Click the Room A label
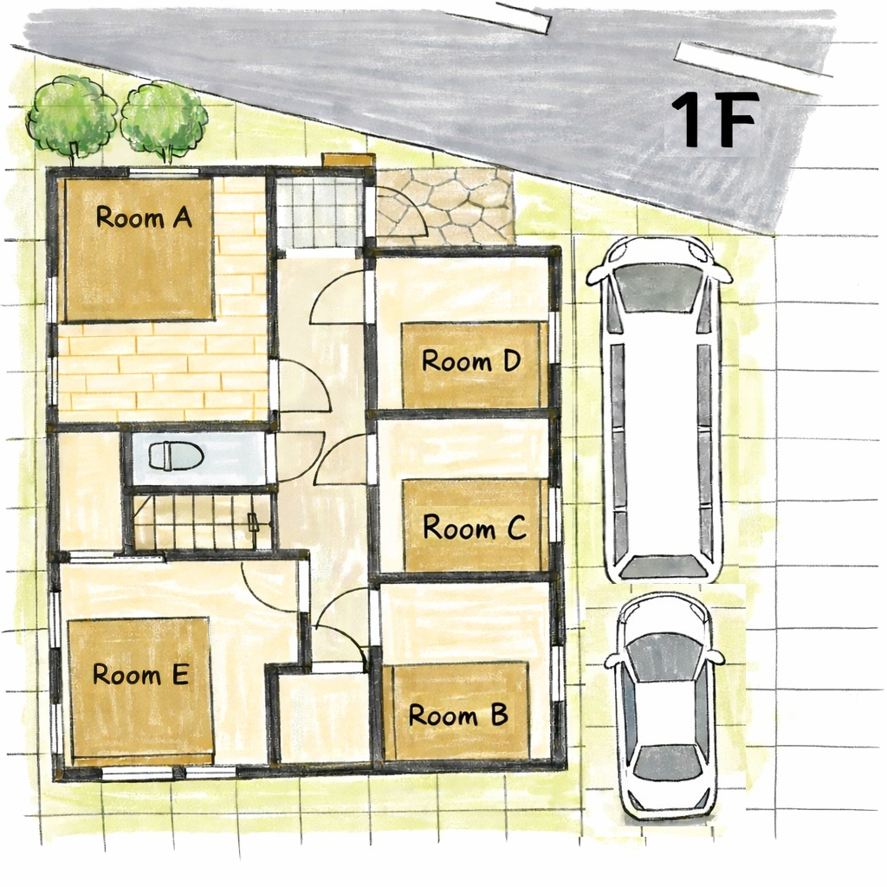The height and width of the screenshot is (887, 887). (143, 217)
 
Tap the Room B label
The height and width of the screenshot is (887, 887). (457, 715)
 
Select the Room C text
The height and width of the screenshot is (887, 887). (474, 527)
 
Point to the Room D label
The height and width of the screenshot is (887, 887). (471, 360)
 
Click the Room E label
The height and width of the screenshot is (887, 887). (140, 674)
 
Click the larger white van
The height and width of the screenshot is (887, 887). (662, 407)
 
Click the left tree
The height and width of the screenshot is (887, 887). (71, 117)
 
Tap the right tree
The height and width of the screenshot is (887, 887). (164, 120)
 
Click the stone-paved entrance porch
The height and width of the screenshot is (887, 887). (446, 206)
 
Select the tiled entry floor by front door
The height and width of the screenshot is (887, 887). (318, 211)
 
